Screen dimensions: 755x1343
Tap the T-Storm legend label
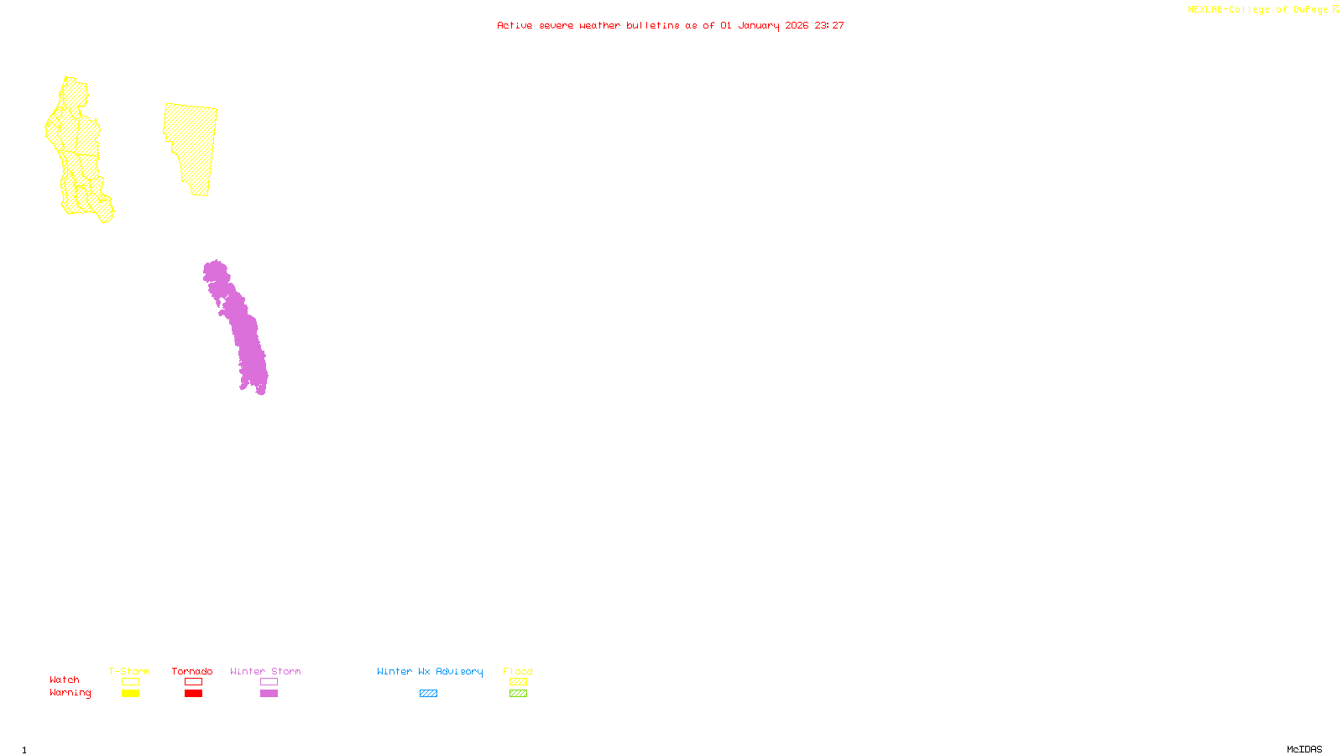tap(129, 671)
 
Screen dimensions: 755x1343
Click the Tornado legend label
tap(192, 671)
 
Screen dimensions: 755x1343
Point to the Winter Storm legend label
tap(265, 671)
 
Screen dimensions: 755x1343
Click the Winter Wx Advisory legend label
tap(430, 671)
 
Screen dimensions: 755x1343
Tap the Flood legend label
tap(518, 671)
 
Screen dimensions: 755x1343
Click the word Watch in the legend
tap(65, 679)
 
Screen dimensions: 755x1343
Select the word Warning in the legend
tap(71, 693)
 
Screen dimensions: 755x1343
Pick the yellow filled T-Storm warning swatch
tap(130, 694)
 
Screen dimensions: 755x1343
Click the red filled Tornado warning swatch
tap(193, 694)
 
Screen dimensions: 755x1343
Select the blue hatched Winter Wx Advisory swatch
tap(428, 694)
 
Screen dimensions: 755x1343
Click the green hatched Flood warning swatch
tap(518, 694)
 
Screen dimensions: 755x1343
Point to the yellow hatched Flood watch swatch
tap(518, 682)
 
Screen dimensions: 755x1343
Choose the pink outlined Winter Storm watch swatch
tap(269, 682)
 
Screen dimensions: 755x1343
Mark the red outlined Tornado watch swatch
tap(193, 682)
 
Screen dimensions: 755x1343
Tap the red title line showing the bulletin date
tap(671, 25)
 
